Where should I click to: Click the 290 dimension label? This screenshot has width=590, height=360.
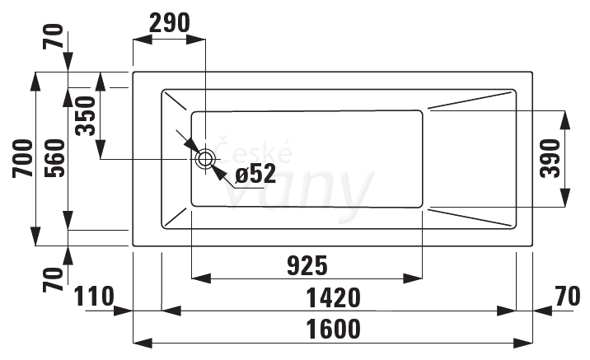pos(169,23)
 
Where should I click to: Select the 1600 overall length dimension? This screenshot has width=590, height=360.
pos(334,330)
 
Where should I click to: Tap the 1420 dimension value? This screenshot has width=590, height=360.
pos(334,298)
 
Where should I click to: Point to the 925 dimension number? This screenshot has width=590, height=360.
pos(307,265)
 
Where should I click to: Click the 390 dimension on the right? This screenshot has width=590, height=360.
pos(550,158)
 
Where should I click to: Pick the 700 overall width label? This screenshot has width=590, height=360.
pos(23,158)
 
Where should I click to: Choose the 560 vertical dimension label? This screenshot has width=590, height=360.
pos(55,158)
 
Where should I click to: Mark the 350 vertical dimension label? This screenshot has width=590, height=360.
pos(86,116)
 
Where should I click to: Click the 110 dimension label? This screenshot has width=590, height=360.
pos(94,297)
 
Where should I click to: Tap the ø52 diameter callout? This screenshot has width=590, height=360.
pos(255,174)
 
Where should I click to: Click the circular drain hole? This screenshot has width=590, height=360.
pos(205,159)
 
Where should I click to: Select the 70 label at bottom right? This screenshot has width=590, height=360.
pos(568,297)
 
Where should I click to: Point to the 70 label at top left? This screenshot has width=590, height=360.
pos(53,36)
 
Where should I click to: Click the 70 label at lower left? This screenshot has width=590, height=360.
pos(53,280)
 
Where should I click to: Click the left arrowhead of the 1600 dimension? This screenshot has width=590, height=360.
pos(143,343)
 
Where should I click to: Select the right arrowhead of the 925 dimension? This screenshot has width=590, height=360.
pos(413,278)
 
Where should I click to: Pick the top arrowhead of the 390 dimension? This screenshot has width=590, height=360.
pos(564,120)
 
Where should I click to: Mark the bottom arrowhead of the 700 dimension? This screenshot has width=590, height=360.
pos(35,236)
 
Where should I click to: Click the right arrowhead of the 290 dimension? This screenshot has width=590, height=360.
pos(196,39)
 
